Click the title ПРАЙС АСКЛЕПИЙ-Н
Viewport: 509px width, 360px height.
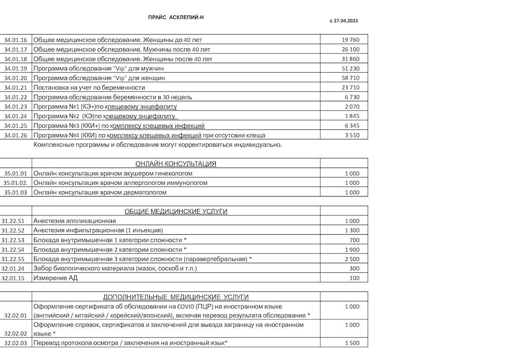tap(176, 17)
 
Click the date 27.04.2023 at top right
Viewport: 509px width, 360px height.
tap(346, 21)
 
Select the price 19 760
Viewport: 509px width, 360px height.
tap(351, 40)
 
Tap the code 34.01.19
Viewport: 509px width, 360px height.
tap(15, 68)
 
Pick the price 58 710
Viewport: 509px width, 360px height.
tap(351, 78)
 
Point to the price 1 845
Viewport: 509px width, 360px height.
tap(352, 116)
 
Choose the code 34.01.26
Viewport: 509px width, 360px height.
tap(15, 135)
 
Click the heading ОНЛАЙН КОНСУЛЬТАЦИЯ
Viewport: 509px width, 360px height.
tap(176, 164)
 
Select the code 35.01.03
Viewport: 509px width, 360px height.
tap(15, 192)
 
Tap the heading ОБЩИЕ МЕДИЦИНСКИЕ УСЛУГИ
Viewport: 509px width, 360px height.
tap(176, 211)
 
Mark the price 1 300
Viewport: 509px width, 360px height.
tap(352, 231)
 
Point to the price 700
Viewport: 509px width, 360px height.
tap(354, 240)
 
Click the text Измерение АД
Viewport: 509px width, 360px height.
tap(55, 278)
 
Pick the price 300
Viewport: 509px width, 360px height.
tap(354, 268)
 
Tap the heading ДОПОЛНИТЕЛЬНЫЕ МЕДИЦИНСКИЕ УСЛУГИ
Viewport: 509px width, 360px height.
tap(176, 297)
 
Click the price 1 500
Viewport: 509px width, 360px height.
tap(352, 343)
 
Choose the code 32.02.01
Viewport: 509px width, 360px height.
tap(15, 316)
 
